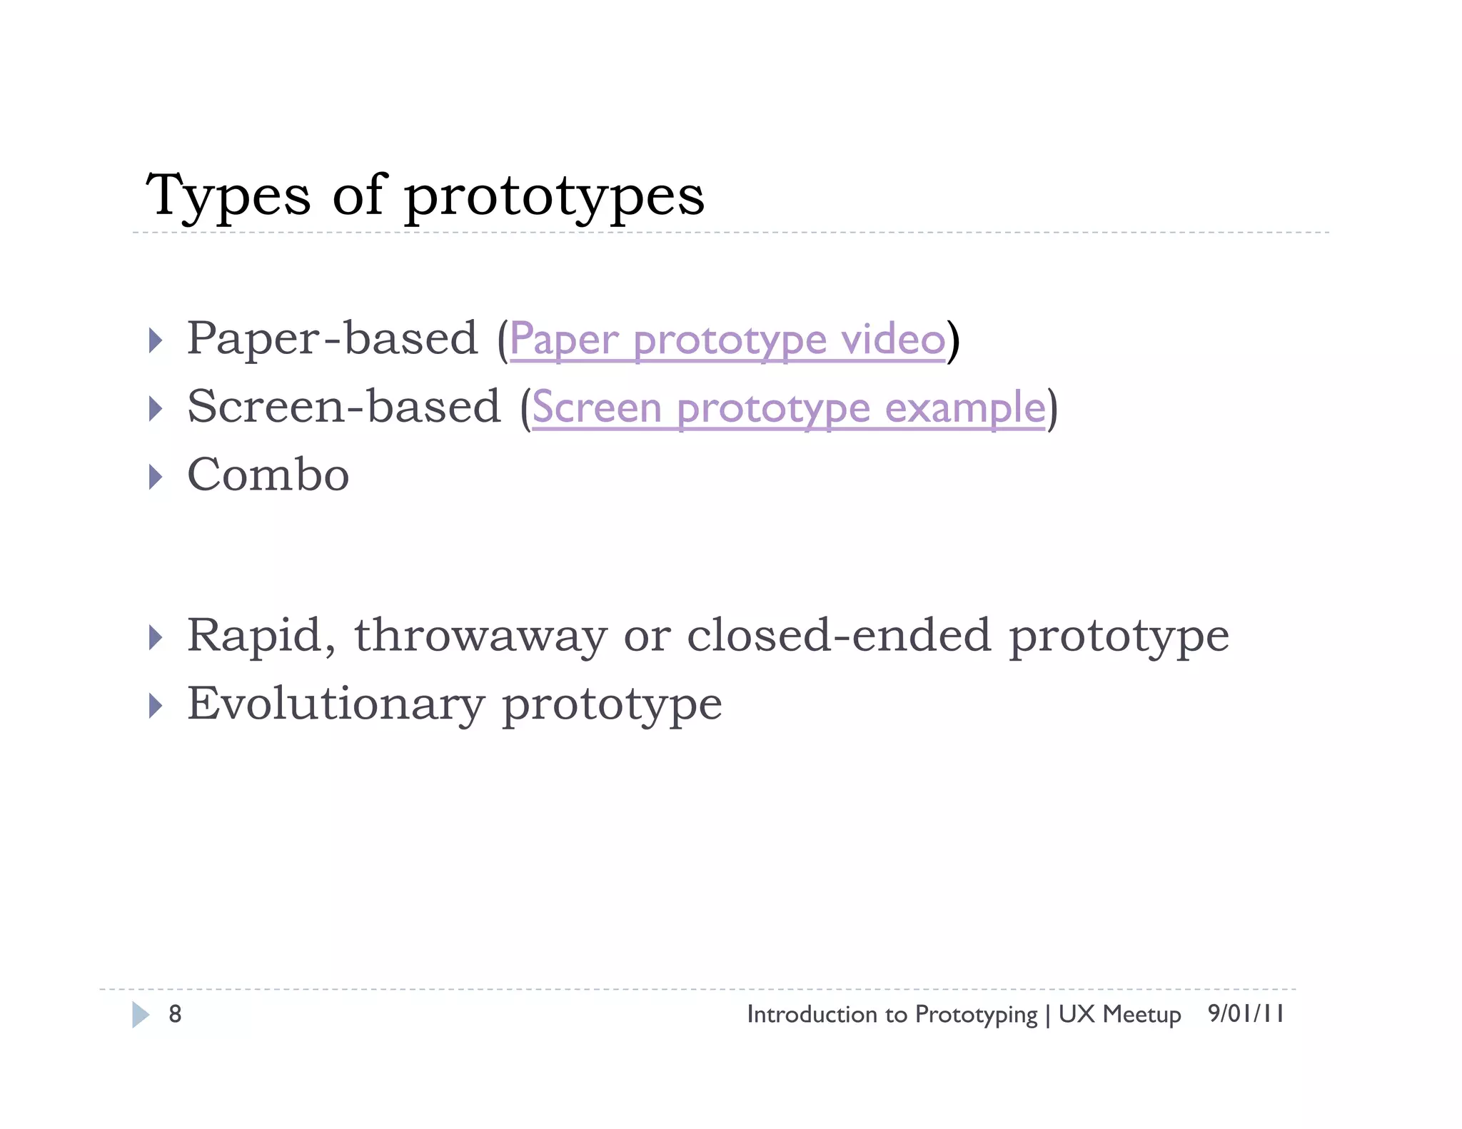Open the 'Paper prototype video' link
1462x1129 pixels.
727,340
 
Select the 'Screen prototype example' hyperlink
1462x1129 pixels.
788,408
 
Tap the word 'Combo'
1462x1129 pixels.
268,475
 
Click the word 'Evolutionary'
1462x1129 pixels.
336,704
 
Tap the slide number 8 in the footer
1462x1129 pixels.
175,1014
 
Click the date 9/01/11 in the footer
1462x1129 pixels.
1246,1013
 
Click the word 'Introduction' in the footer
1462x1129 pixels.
802,1014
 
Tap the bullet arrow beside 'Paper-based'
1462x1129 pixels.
155,340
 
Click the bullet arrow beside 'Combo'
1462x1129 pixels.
155,477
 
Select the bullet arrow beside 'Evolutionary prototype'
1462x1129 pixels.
155,706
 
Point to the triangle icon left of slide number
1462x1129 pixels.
141,1014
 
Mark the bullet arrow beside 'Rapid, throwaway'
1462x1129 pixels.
155,637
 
